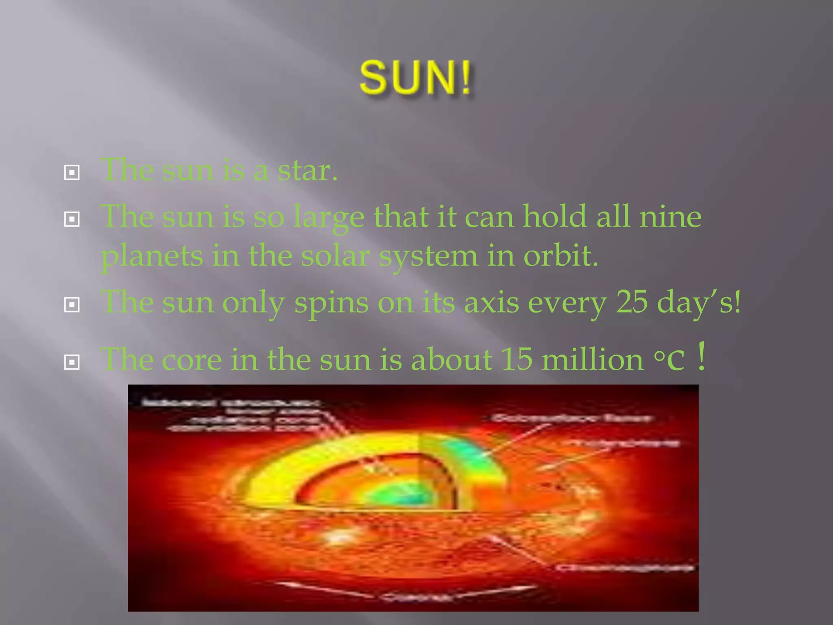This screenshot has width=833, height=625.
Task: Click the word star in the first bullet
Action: point(307,171)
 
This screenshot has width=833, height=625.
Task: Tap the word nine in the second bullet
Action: point(670,216)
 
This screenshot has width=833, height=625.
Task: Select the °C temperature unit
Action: point(669,361)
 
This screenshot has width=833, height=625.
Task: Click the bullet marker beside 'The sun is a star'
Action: point(72,173)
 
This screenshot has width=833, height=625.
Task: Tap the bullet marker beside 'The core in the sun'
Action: point(72,362)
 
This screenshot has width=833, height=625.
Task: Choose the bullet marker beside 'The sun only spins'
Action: point(72,305)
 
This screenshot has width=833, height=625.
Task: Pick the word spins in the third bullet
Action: point(331,304)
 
